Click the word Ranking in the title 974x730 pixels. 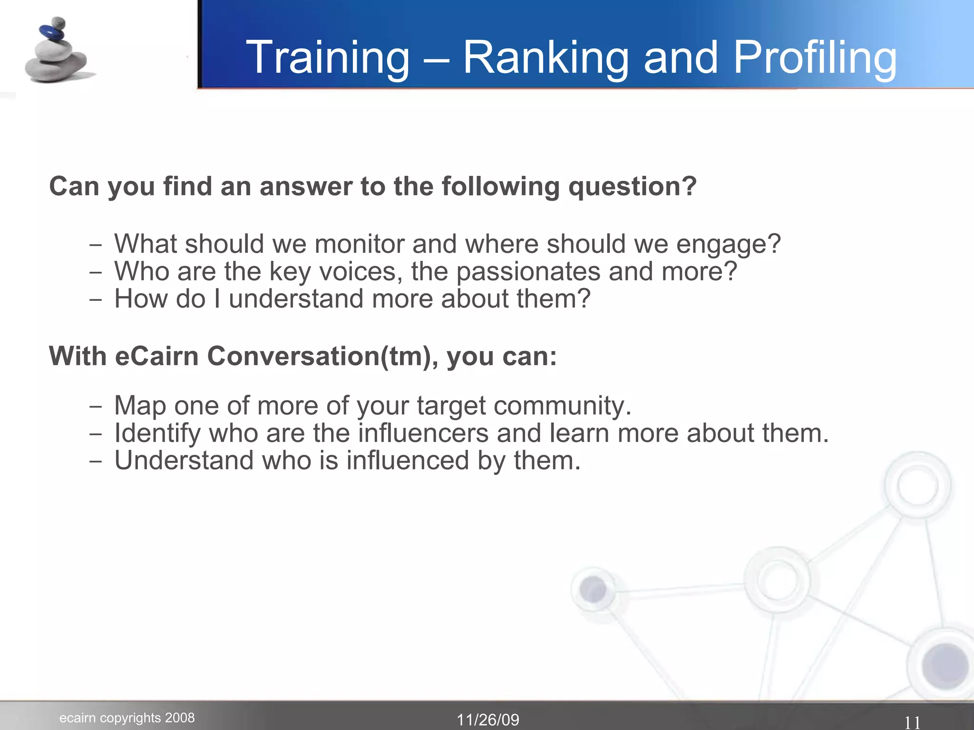(545, 58)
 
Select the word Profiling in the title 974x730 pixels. (814, 58)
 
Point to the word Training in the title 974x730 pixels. (328, 58)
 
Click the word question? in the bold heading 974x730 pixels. (632, 187)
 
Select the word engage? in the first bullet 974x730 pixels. (728, 245)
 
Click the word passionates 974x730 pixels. (528, 272)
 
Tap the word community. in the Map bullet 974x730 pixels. (562, 406)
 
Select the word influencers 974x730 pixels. (423, 433)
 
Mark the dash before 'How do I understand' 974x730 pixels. (96, 300)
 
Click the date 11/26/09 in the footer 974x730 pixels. (487, 720)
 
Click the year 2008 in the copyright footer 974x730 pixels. (180, 718)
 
